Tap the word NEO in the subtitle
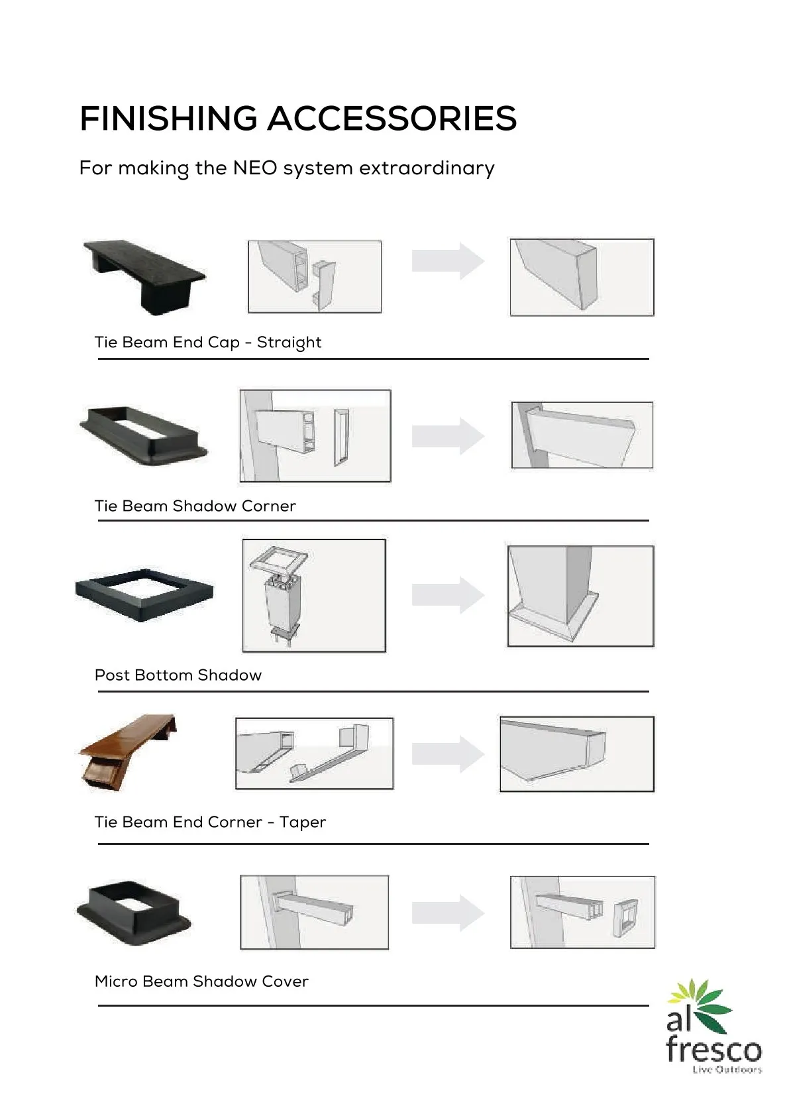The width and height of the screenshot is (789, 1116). (254, 168)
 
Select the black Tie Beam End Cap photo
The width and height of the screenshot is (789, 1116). (144, 276)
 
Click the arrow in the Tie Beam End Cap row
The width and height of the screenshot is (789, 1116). (448, 261)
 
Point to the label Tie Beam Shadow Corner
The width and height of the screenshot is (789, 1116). (195, 506)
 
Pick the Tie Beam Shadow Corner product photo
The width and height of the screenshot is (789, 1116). (144, 435)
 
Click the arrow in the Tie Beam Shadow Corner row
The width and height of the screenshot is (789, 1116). (448, 436)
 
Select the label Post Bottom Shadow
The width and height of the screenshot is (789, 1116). (178, 675)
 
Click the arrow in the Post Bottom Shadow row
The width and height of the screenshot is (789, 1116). (448, 595)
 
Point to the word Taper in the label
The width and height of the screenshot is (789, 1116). (302, 822)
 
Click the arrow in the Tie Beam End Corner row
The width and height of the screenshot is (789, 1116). (448, 753)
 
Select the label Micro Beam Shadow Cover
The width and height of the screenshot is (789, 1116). (201, 981)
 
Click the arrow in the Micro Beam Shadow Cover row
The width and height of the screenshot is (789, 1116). (448, 913)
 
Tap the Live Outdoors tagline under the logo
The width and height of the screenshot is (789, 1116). (727, 1070)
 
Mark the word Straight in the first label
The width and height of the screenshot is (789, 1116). (289, 343)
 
